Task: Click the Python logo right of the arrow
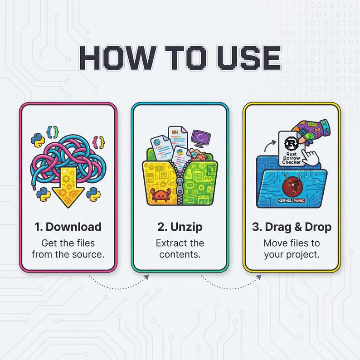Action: (x=94, y=193)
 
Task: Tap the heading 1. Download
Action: (x=68, y=227)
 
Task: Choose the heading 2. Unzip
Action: (x=180, y=227)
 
